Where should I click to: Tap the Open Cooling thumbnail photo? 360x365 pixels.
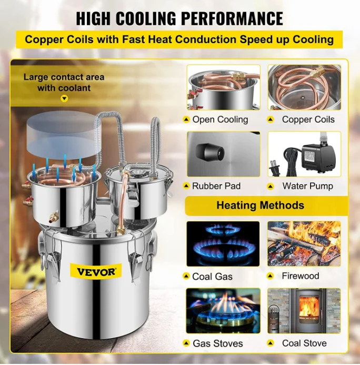(x=223, y=87)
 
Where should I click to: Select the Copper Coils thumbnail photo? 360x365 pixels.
(x=304, y=87)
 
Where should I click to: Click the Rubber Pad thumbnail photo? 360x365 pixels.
(x=223, y=153)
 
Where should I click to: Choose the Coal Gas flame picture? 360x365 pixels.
(x=223, y=243)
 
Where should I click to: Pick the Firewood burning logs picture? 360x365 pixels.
(x=304, y=243)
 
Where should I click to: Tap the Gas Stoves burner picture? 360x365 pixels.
(x=223, y=311)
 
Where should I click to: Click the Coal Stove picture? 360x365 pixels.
(x=304, y=311)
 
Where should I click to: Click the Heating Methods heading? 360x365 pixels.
(x=260, y=205)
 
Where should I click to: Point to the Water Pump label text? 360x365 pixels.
(x=307, y=186)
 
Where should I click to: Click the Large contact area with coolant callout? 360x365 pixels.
(x=64, y=82)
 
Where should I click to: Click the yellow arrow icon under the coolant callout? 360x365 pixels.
(x=64, y=98)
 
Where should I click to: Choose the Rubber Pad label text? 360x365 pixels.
(x=216, y=186)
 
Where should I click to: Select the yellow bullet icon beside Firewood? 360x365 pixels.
(x=271, y=276)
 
